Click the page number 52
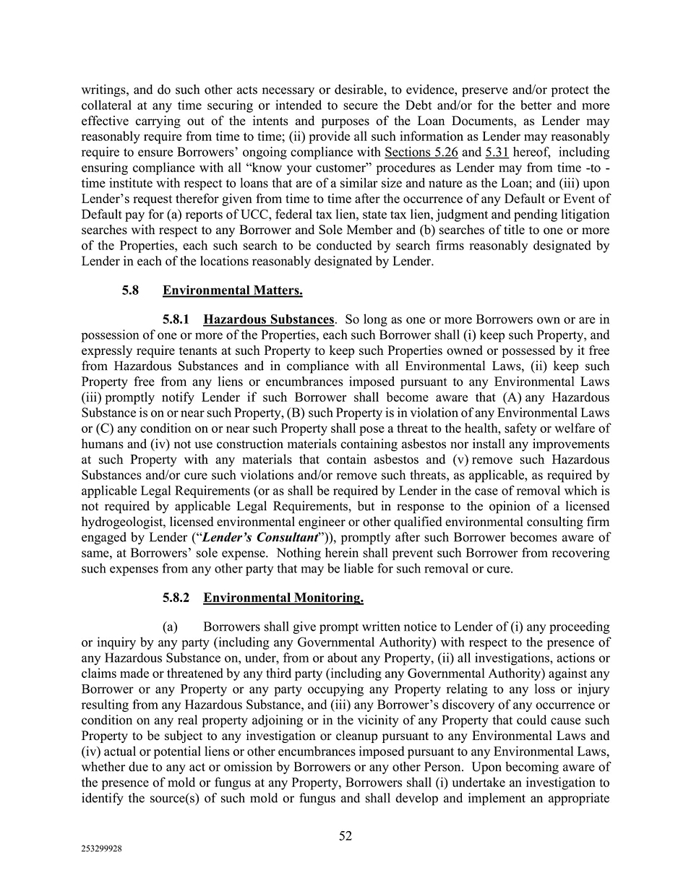click(345, 836)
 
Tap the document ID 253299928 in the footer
click(101, 850)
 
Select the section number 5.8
click(130, 291)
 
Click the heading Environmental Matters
click(232, 291)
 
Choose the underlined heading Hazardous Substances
click(269, 319)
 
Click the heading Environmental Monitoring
click(283, 598)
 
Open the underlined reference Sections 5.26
click(421, 152)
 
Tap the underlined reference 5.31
click(497, 152)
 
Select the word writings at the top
click(104, 90)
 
